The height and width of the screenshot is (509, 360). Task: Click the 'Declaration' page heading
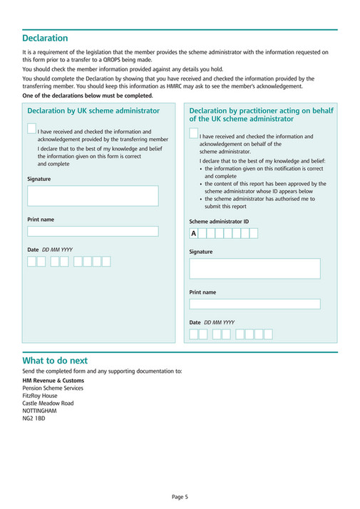[45, 38]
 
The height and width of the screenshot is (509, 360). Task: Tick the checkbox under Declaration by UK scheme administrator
[32, 128]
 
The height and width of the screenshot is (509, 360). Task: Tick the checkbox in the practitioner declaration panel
[194, 133]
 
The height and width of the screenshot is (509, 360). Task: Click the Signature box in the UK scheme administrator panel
[93, 196]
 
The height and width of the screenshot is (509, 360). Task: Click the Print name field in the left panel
[93, 232]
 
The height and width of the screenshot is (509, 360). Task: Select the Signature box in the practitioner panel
[254, 269]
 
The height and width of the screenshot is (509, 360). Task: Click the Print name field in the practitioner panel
[254, 304]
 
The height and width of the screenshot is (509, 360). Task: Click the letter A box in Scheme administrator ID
[193, 234]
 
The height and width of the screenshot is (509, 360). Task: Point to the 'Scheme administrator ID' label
[219, 222]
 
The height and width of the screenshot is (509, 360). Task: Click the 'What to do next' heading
[55, 361]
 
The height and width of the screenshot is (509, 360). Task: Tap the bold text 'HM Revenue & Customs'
[53, 380]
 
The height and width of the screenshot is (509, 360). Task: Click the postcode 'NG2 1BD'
[34, 418]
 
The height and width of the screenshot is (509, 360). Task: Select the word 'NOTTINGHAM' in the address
[39, 411]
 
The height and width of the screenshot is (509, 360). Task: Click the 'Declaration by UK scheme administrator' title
[93, 111]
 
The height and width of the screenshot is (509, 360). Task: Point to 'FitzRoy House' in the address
[40, 396]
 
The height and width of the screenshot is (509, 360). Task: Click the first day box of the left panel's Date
[31, 262]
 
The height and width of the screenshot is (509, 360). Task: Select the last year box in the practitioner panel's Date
[268, 334]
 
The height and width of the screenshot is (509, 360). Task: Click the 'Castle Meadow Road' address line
[48, 403]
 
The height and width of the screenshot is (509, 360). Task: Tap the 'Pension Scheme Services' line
[53, 388]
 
